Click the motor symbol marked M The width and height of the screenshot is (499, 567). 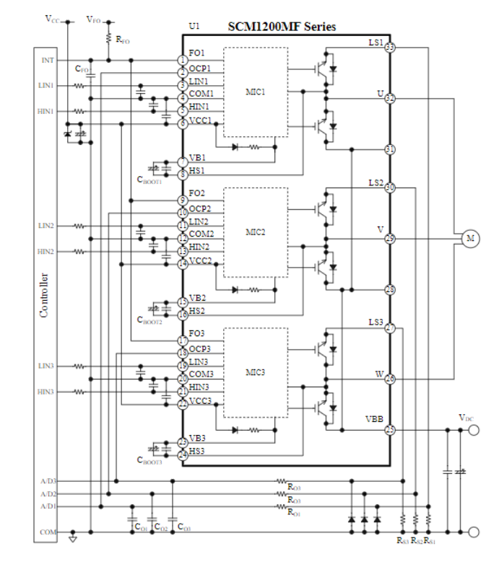(x=470, y=238)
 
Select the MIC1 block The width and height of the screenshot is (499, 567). (x=256, y=92)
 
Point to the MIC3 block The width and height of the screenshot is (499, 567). (x=256, y=372)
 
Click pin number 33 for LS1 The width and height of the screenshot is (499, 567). (x=390, y=48)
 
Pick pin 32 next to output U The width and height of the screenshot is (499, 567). (x=390, y=98)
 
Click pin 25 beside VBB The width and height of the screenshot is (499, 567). (x=390, y=431)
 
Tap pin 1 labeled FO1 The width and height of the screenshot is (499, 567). (x=183, y=61)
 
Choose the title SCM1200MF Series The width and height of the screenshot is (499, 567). (x=282, y=27)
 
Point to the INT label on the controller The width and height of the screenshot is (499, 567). (x=47, y=60)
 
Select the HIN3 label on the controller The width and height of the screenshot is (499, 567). (x=45, y=392)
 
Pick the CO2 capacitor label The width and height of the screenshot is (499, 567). (x=161, y=528)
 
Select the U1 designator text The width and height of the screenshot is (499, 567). (x=194, y=27)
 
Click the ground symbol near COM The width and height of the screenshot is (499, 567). (x=72, y=537)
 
